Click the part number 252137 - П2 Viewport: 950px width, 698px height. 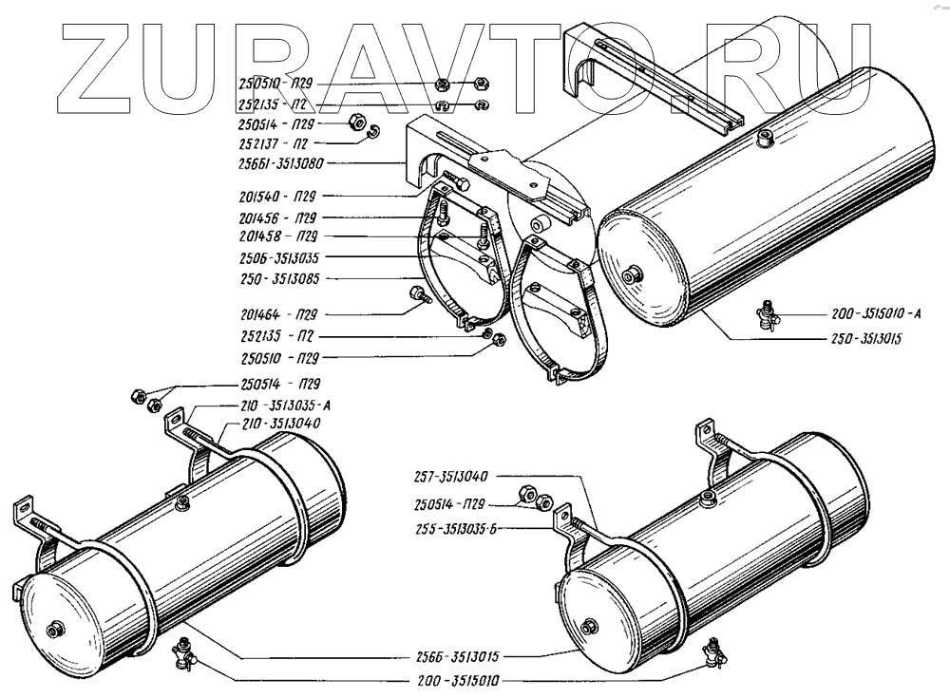pyautogui.click(x=273, y=143)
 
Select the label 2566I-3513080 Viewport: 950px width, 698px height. pyautogui.click(x=282, y=162)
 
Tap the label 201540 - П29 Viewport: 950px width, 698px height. pyautogui.click(x=276, y=197)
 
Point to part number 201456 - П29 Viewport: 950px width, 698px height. pyautogui.click(x=276, y=217)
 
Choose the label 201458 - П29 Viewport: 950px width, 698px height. pyautogui.click(x=276, y=236)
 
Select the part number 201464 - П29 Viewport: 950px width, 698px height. pyautogui.click(x=276, y=312)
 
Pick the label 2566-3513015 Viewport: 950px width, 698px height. pyautogui.click(x=463, y=655)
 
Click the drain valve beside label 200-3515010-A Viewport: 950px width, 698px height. pyautogui.click(x=766, y=314)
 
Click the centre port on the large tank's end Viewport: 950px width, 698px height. pyautogui.click(x=628, y=276)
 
